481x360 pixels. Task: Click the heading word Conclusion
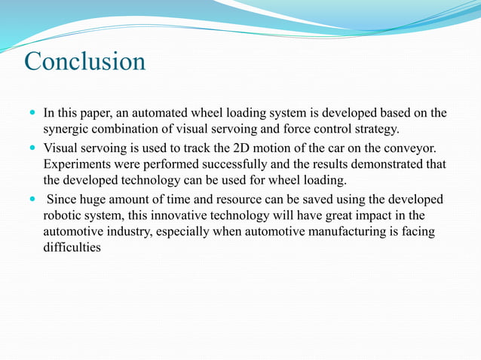pyautogui.click(x=84, y=61)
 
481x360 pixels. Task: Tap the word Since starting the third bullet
pyautogui.click(x=63, y=200)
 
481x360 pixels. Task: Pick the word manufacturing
pyautogui.click(x=323, y=232)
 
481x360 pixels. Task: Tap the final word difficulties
pyautogui.click(x=72, y=249)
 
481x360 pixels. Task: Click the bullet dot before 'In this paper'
pyautogui.click(x=30, y=114)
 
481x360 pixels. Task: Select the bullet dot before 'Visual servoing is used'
pyautogui.click(x=30, y=148)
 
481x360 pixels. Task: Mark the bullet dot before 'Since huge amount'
pyautogui.click(x=30, y=200)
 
